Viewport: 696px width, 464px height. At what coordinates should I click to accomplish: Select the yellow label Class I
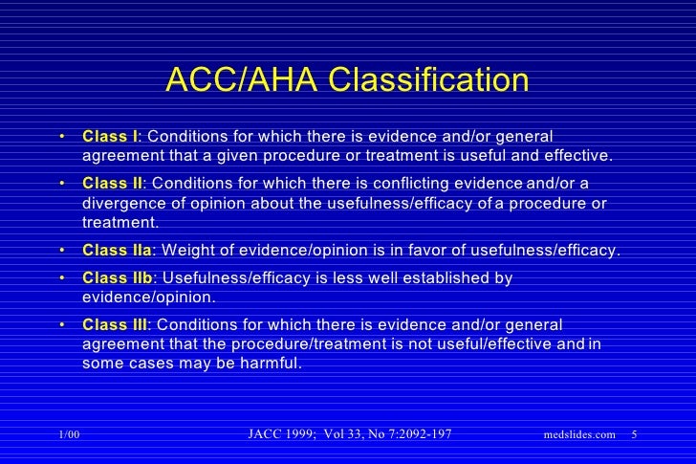[x=110, y=136]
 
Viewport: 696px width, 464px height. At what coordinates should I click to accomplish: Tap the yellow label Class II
[x=112, y=183]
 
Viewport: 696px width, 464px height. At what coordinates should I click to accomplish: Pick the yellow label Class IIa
[x=117, y=252]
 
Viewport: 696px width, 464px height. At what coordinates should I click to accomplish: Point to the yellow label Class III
[x=115, y=324]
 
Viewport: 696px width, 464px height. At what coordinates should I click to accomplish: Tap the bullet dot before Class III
[x=61, y=325]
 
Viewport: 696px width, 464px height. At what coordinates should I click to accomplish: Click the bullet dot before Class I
[x=61, y=137]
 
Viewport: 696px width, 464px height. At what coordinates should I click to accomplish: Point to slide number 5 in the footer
[x=636, y=435]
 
